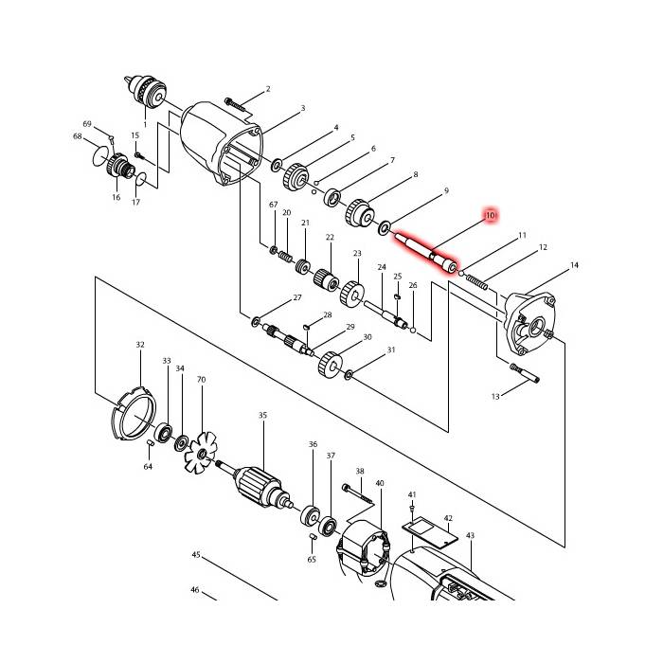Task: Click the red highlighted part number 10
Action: tap(490, 216)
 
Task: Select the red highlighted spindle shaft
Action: tap(426, 252)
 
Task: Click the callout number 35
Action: tap(262, 415)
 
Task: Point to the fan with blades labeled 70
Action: tap(201, 453)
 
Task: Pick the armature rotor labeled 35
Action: tap(257, 487)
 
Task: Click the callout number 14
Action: tap(574, 265)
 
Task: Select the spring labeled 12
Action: tap(476, 282)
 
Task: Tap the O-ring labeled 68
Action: tap(99, 156)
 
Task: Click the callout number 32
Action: tap(140, 345)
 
